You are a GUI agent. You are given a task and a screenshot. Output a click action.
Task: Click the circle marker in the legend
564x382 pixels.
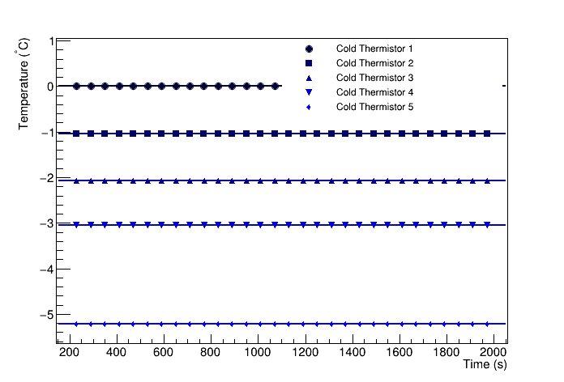(309, 49)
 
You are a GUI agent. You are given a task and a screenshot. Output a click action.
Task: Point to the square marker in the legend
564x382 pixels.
(309, 63)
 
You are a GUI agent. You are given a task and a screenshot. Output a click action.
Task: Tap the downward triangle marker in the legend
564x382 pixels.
(309, 92)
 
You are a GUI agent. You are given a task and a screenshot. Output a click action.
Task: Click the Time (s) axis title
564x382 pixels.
(485, 365)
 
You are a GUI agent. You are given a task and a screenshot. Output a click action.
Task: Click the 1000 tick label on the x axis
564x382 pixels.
(258, 353)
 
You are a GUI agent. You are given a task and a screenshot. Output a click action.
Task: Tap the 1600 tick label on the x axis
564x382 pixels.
(399, 353)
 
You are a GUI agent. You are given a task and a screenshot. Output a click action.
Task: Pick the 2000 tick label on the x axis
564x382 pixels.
(493, 353)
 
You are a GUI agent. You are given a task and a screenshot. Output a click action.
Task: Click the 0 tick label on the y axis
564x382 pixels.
(50, 87)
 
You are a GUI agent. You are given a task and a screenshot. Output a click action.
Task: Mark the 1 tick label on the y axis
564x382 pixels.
(50, 41)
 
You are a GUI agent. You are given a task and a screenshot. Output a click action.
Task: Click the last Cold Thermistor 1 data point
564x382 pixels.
(276, 86)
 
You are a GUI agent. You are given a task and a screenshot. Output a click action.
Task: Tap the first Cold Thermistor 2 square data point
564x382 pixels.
(76, 134)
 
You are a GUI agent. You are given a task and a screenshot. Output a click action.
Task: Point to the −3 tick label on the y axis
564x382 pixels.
(47, 223)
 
